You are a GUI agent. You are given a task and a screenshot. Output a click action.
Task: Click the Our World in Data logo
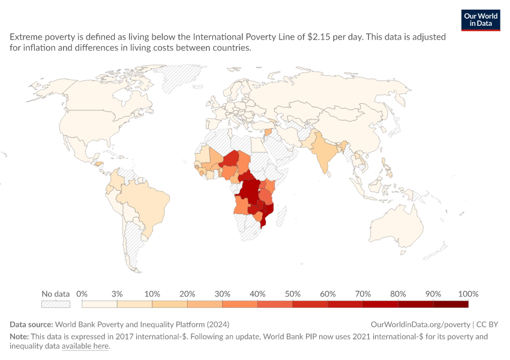[x=481, y=20]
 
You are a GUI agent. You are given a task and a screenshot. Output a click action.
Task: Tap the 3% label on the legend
[x=117, y=294]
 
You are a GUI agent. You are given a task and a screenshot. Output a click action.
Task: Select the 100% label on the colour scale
[x=469, y=294]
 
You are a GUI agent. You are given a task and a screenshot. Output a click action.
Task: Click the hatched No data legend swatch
[x=56, y=304]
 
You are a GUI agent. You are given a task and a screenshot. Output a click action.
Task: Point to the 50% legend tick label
[x=293, y=294]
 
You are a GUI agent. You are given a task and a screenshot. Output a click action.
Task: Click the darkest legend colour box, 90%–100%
[x=451, y=304]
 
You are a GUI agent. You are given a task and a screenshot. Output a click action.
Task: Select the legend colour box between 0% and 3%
[x=100, y=304]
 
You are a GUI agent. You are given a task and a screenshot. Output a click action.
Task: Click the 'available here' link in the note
[x=85, y=346]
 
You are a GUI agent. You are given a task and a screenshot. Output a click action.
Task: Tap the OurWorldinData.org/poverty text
[x=420, y=325]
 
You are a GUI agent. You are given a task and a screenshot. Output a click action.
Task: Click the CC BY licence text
[x=487, y=325]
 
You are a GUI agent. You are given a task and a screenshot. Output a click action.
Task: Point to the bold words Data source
[x=31, y=325]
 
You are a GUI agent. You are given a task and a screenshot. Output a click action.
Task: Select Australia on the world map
[x=397, y=225]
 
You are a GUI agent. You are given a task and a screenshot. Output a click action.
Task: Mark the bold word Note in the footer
[x=19, y=337]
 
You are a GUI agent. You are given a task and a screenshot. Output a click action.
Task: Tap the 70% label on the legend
[x=363, y=294]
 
